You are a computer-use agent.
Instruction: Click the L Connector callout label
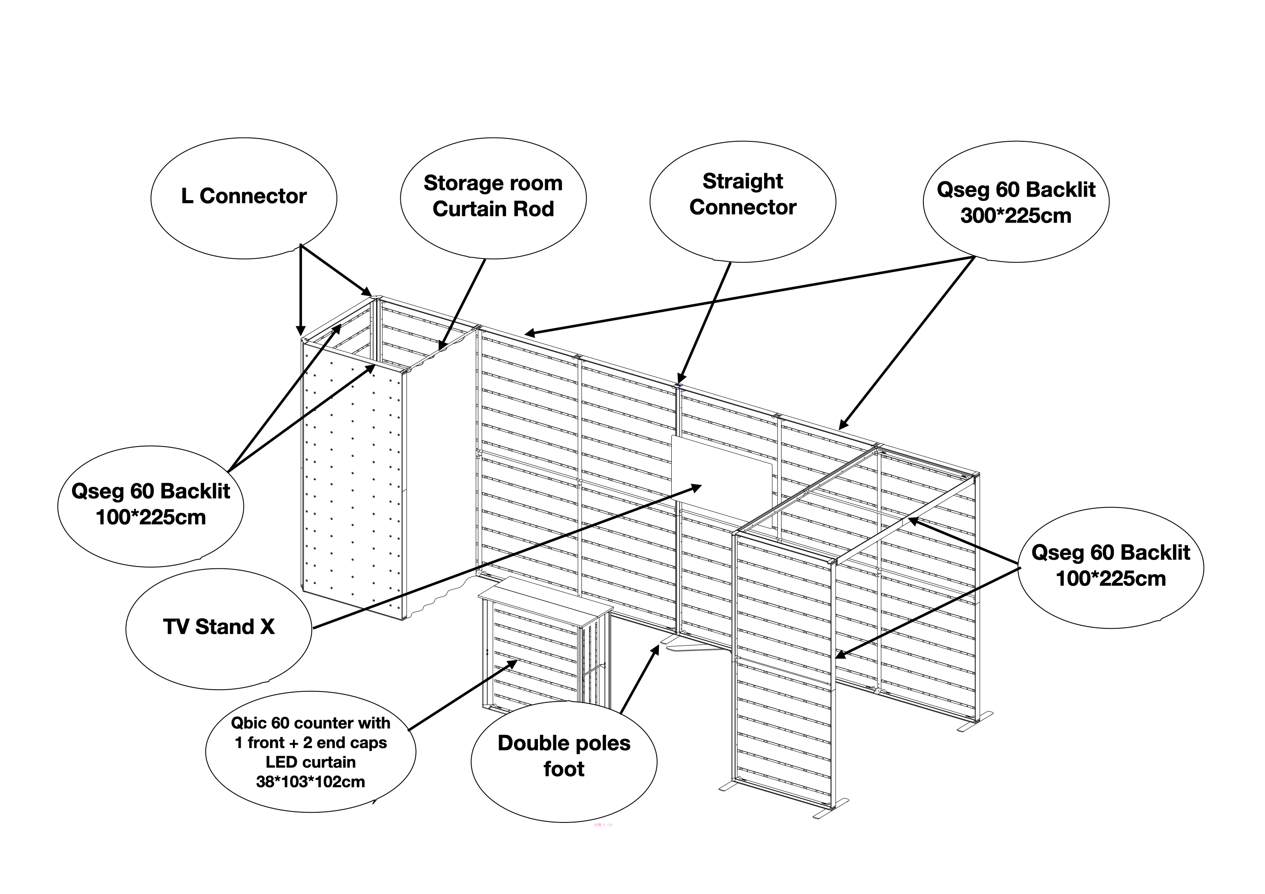click(x=244, y=197)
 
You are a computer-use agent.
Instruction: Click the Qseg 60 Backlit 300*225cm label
click(x=1015, y=202)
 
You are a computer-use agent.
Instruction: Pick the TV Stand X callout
click(x=219, y=627)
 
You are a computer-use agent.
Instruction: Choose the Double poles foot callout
click(x=563, y=756)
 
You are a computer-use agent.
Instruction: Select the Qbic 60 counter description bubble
click(x=310, y=752)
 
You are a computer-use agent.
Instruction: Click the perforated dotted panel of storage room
click(x=353, y=485)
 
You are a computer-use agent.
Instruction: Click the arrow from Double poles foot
click(x=639, y=680)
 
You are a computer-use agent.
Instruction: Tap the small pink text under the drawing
click(x=603, y=825)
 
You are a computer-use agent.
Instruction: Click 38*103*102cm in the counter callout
click(x=310, y=782)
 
